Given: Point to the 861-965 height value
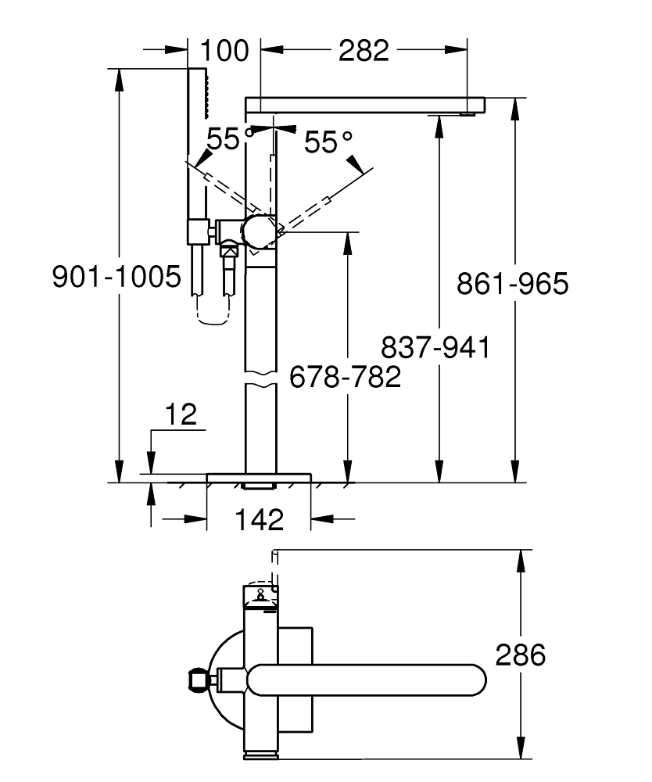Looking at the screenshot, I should [x=513, y=284].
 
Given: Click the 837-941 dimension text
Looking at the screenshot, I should [x=435, y=346].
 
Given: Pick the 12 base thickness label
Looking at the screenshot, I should [x=181, y=414].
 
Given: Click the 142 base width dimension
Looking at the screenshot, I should [x=259, y=518].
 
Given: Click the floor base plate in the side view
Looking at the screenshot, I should [x=259, y=477].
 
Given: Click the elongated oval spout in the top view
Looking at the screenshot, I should [x=367, y=678].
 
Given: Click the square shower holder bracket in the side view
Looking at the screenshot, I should [x=198, y=232].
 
